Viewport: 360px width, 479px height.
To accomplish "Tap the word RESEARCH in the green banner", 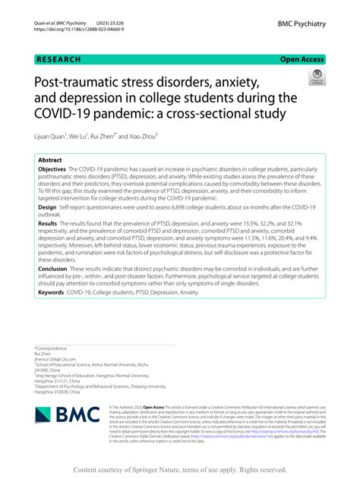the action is coord(58,59).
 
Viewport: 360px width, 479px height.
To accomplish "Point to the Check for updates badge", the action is coord(316,79).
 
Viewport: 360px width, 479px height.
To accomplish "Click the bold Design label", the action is coord(47,206).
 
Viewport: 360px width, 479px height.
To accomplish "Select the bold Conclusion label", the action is coord(52,269).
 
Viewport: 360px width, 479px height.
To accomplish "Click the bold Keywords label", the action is coord(51,292).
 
